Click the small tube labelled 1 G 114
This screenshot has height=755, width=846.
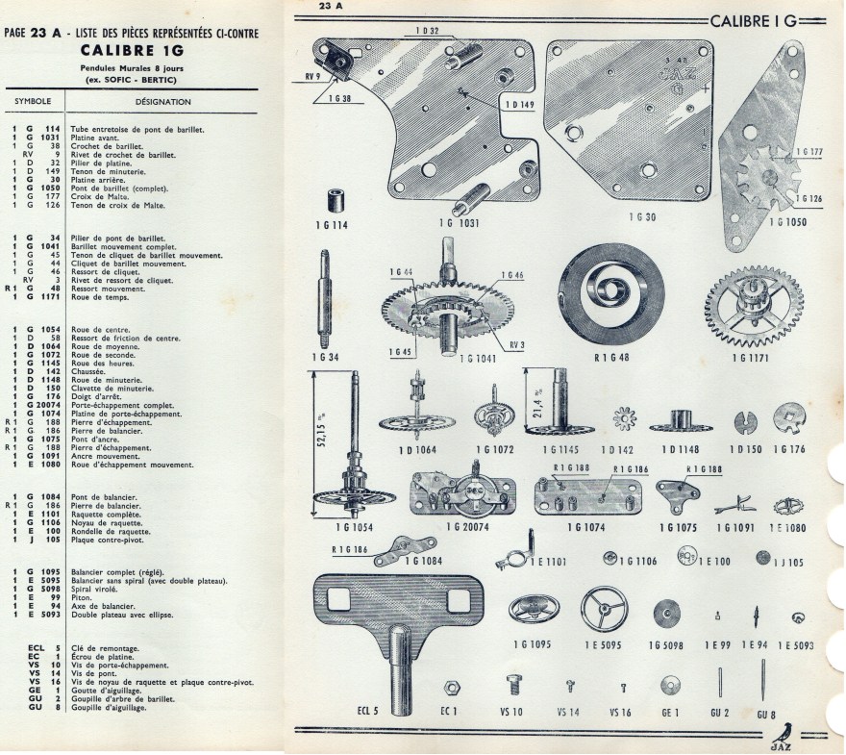[336, 203]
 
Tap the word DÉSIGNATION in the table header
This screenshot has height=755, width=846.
[163, 102]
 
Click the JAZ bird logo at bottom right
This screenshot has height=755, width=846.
[806, 736]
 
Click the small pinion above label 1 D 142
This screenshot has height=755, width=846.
[621, 419]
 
